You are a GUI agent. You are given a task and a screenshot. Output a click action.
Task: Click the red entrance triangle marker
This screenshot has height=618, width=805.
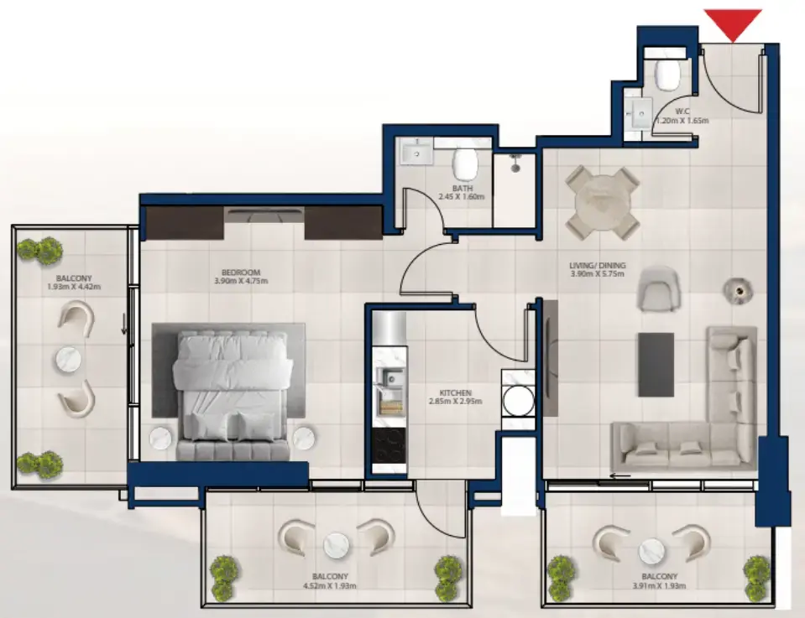click(x=733, y=23)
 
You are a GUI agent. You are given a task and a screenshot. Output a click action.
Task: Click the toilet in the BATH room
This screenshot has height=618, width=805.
click(x=465, y=162)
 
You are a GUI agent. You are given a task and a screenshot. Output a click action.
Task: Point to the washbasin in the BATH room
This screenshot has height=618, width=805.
click(x=417, y=152)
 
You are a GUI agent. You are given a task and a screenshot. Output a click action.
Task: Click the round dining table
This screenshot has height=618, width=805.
click(x=602, y=203)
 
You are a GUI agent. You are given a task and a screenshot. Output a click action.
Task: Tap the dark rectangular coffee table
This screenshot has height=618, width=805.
click(x=656, y=364)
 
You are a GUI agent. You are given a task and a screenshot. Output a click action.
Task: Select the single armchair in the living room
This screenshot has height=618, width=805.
click(x=658, y=288)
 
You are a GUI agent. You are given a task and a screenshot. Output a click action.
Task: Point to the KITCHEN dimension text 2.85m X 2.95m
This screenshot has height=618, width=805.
click(x=455, y=401)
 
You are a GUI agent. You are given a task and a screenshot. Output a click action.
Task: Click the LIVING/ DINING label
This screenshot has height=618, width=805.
click(x=597, y=265)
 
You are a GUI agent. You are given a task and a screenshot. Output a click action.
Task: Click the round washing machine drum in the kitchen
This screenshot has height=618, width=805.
click(x=518, y=401)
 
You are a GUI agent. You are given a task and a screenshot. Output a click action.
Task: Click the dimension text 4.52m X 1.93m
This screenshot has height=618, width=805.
click(x=329, y=585)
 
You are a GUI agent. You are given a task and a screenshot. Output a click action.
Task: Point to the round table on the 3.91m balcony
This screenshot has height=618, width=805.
click(x=651, y=551)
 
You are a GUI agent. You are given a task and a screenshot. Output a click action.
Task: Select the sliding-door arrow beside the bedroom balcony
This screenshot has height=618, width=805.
click(x=123, y=325)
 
